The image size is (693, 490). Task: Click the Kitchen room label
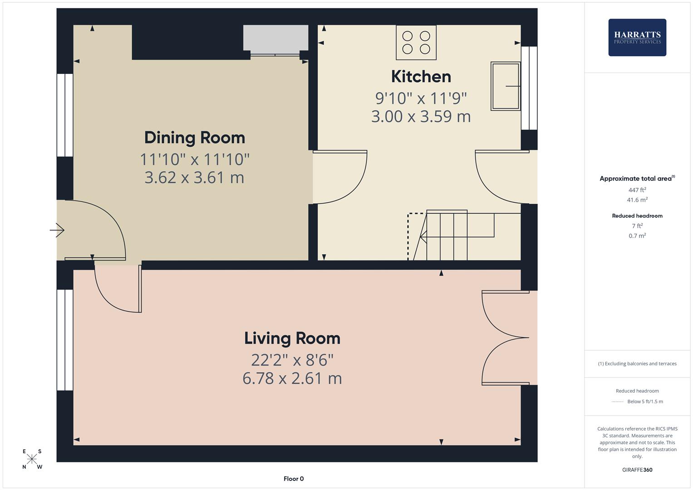[421, 77]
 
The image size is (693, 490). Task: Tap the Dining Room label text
[194, 137]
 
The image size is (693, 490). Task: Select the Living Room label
[292, 338]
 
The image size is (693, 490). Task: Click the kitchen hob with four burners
[416, 42]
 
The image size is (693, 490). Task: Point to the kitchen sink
[506, 86]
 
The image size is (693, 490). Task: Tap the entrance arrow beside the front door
[57, 230]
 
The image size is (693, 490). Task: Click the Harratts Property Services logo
[637, 37]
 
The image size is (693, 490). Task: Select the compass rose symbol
[32, 459]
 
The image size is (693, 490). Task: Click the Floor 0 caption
[294, 479]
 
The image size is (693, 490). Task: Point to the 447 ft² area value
[637, 190]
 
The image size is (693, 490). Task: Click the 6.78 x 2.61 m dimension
[292, 378]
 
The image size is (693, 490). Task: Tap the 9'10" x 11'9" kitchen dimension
[421, 98]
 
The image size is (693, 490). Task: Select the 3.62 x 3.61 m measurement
[194, 177]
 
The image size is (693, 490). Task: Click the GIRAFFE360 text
[637, 470]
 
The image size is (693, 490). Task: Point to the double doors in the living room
[505, 338]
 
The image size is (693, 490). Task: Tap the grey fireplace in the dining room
[275, 38]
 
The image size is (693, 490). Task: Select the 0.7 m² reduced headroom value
[637, 236]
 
